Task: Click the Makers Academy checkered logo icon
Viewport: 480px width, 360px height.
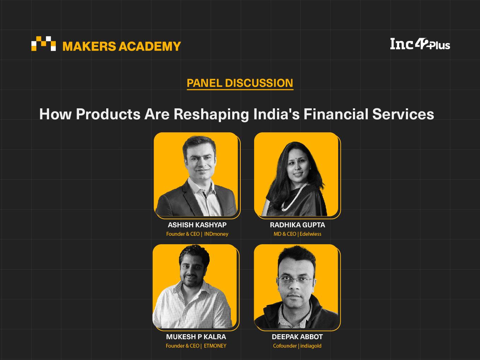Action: [x=43, y=43]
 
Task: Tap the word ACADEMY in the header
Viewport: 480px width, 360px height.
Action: [x=150, y=46]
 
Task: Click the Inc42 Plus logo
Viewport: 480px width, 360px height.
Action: [x=420, y=44]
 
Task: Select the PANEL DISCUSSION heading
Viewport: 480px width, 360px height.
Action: [x=240, y=83]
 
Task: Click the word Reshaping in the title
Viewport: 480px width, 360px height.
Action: [x=211, y=115]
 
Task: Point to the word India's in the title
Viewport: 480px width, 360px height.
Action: [x=276, y=114]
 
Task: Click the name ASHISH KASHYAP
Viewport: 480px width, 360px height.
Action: [x=197, y=225]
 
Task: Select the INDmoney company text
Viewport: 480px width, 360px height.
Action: [x=216, y=234]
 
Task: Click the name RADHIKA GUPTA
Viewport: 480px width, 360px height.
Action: [x=298, y=225]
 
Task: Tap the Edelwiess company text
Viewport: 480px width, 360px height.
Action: [x=310, y=234]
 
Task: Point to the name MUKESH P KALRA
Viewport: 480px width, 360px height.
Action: [x=196, y=337]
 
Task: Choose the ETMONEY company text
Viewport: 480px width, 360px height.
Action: [x=215, y=346]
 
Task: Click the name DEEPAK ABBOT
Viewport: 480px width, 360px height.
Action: [x=297, y=337]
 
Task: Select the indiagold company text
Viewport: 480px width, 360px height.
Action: [x=311, y=346]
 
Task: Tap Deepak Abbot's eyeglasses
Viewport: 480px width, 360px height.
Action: [x=296, y=280]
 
